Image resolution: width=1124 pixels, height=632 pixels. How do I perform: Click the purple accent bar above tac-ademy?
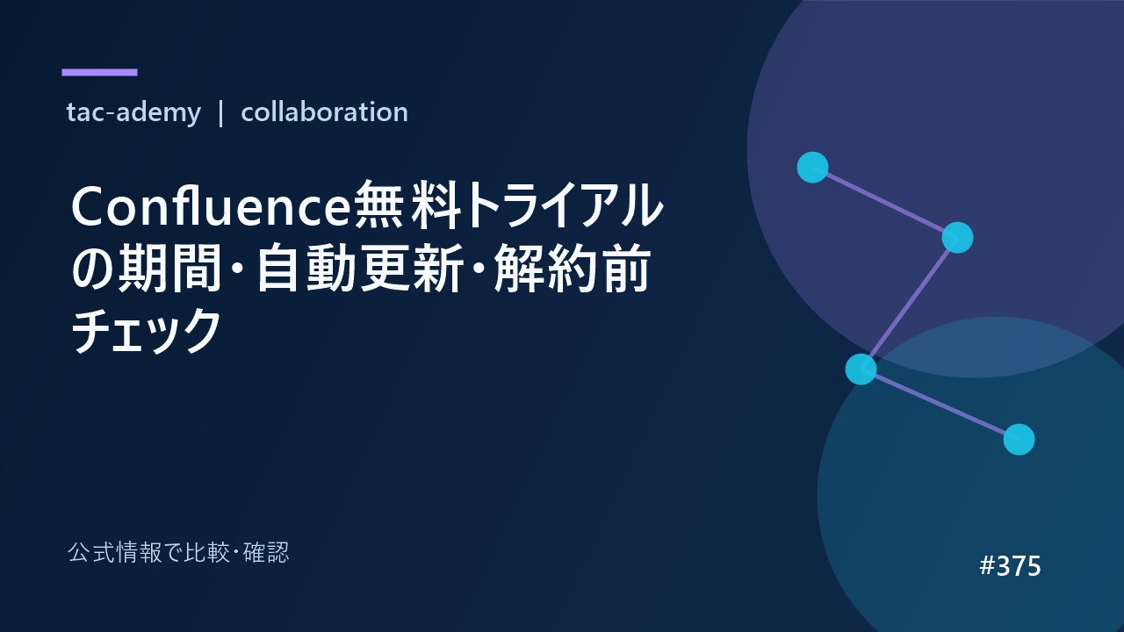pos(99,72)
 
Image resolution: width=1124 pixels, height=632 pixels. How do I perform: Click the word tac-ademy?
pos(133,112)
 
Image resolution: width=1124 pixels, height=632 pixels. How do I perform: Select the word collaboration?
pos(324,111)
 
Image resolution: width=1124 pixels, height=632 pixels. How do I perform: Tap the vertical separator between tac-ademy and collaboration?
pos(220,113)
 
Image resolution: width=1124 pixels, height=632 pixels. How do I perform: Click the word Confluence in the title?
pos(212,206)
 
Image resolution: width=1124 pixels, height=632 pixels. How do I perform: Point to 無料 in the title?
pos(407,205)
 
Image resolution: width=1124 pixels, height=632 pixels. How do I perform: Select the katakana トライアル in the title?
pos(563,205)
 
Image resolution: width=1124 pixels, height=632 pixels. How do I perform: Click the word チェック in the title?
pos(146,331)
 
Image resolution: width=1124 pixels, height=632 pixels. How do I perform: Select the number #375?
pos(1010,566)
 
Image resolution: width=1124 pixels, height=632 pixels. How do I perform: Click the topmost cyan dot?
pos(812,167)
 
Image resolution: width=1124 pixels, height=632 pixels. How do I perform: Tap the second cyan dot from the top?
pos(957,237)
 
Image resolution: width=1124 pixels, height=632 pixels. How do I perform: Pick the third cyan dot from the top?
pos(861,370)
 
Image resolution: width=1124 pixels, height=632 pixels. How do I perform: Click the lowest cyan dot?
pos(1020,440)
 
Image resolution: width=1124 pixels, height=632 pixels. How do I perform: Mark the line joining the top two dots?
pos(885,202)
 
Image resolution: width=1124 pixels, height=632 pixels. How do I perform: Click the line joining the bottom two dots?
pos(940,405)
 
